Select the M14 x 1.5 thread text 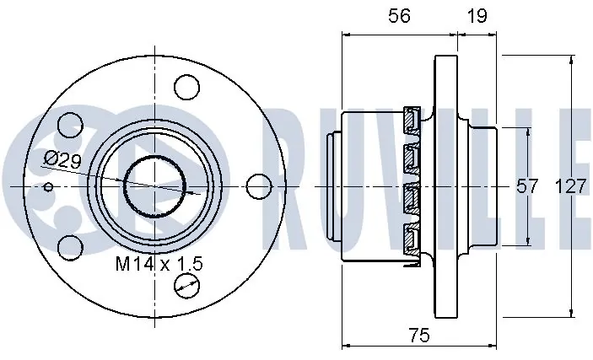pyautogui.click(x=159, y=264)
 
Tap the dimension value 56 pyautogui.click(x=400, y=15)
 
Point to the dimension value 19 pyautogui.click(x=477, y=15)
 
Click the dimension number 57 pyautogui.click(x=527, y=186)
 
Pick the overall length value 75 pyautogui.click(x=418, y=335)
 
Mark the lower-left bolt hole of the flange pyautogui.click(x=69, y=247)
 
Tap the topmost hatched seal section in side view pyautogui.click(x=412, y=121)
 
